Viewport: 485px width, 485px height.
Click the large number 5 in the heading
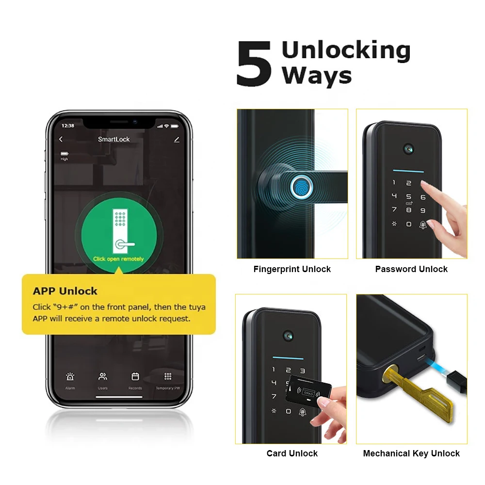tap(254, 65)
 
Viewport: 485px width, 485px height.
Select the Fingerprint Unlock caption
tap(292, 269)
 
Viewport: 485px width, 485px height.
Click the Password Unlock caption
tap(411, 269)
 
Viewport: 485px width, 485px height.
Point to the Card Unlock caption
tap(292, 453)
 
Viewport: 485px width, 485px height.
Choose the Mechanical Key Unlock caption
tap(411, 453)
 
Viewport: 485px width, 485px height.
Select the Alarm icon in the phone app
tap(70, 377)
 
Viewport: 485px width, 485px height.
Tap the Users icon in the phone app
tap(103, 377)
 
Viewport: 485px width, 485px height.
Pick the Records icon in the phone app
tap(135, 377)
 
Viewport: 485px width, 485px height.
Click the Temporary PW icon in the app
tap(168, 377)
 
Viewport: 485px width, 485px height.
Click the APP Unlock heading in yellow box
tap(65, 291)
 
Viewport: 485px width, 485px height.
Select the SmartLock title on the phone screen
tap(114, 139)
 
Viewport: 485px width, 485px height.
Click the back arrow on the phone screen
tap(61, 139)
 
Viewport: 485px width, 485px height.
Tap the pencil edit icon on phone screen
tap(177, 140)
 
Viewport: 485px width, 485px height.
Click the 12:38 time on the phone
tap(68, 126)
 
